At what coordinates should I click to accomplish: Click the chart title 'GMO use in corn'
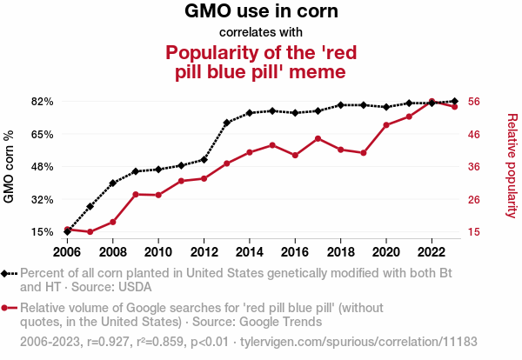(261, 12)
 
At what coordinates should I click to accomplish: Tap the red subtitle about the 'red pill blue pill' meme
(261, 61)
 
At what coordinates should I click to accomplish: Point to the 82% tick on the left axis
(43, 102)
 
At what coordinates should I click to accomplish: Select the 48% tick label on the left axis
(43, 167)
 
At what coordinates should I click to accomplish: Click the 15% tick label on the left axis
(43, 232)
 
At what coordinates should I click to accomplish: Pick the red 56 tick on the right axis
(475, 102)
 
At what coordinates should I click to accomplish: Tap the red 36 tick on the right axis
(475, 167)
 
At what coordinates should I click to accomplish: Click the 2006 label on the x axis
(67, 252)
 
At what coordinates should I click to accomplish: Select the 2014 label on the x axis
(249, 252)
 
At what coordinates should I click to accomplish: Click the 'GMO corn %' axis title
(10, 167)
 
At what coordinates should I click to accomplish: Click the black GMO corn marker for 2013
(226, 123)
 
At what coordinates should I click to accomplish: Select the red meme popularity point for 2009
(136, 194)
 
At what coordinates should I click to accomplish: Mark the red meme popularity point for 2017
(318, 138)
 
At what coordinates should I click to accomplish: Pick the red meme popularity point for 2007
(90, 232)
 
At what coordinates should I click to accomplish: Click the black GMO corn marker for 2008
(113, 183)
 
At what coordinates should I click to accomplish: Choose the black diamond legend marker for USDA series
(9, 273)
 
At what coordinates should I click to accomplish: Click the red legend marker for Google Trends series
(9, 308)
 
